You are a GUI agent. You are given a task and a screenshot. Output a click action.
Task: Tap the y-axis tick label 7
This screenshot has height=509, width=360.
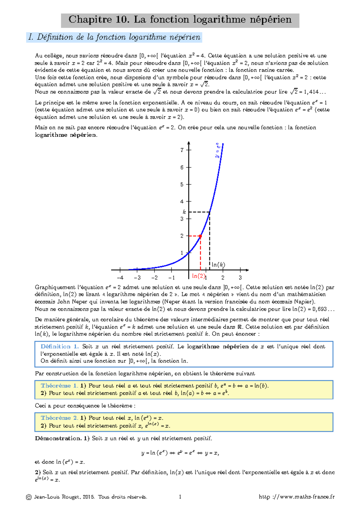tap(182, 150)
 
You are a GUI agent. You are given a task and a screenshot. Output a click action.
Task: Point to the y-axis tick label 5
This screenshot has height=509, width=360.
tap(182, 184)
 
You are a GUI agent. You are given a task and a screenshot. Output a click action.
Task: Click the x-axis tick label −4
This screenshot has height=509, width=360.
tap(120, 278)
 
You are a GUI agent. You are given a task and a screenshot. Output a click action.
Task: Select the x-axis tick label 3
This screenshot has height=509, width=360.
tap(240, 278)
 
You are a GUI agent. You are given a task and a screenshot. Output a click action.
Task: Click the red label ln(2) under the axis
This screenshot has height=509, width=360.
tap(198, 276)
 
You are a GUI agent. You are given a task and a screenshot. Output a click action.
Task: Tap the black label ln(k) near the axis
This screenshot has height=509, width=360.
tap(218, 265)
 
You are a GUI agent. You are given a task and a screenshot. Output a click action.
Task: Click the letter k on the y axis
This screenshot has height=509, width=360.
tap(184, 212)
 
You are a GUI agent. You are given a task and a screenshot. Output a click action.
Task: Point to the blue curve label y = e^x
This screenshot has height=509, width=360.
tap(218, 150)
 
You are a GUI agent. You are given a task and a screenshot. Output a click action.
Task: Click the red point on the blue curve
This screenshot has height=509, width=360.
tap(200, 236)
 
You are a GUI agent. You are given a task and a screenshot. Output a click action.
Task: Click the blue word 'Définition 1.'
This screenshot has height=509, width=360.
tap(59, 347)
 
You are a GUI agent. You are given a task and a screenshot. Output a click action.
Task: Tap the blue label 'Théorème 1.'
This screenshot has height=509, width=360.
tap(59, 386)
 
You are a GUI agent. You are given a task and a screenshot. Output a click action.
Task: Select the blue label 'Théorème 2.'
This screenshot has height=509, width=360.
tap(59, 418)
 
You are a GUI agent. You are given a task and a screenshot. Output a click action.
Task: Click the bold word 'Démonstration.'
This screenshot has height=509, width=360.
tap(58, 439)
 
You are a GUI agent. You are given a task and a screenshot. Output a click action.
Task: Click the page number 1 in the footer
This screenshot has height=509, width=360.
tap(180, 497)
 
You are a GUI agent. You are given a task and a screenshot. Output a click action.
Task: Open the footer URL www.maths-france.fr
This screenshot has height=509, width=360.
tap(297, 497)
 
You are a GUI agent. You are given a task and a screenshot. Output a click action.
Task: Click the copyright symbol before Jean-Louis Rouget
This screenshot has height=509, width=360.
tap(29, 497)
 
